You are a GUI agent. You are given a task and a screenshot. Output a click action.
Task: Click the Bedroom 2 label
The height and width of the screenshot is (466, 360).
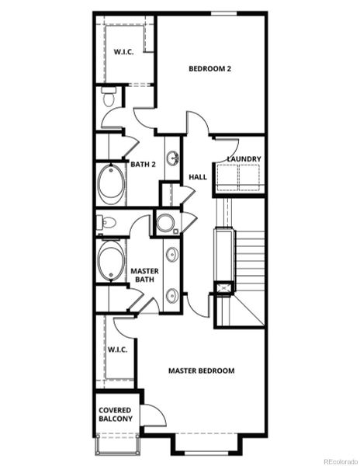click(210, 68)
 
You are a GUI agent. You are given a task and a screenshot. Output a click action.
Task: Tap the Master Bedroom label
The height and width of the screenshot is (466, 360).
click(201, 370)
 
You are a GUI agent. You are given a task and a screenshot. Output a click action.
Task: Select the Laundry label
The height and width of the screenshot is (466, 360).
click(244, 159)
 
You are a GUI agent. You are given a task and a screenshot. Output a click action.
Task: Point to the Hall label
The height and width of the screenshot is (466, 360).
click(197, 177)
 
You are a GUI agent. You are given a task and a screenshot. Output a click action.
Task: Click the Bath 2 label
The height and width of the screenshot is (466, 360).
click(143, 165)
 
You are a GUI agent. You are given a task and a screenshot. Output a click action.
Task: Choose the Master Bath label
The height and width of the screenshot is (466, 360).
click(144, 274)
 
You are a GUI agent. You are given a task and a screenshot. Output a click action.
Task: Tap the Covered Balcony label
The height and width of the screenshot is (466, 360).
click(115, 414)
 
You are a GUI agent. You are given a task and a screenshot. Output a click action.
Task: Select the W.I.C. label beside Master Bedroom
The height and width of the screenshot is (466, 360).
click(117, 349)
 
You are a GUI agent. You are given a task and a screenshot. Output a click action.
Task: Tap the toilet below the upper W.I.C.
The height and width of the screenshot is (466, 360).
click(108, 99)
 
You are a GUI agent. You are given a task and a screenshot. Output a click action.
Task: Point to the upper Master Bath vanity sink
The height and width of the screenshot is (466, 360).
click(171, 255)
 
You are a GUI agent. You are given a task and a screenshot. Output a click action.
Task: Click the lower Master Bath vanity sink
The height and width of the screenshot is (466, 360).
click(171, 294)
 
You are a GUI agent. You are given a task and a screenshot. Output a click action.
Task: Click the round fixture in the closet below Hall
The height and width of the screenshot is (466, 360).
click(166, 224)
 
